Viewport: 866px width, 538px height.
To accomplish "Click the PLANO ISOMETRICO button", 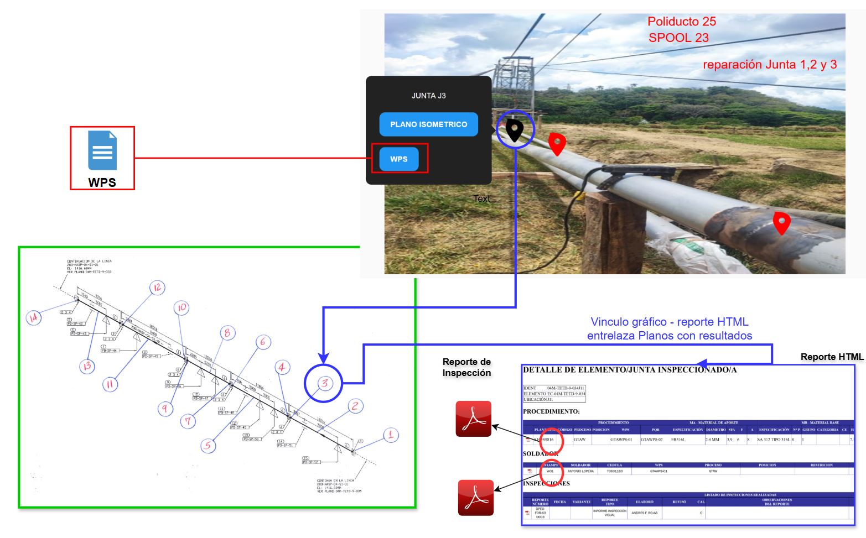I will [428, 124].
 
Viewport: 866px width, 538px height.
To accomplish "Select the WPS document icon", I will [102, 150].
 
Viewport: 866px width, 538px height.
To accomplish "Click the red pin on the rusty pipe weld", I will [781, 222].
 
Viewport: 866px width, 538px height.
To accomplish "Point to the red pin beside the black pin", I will [557, 143].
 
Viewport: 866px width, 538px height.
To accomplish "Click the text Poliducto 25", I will [681, 22].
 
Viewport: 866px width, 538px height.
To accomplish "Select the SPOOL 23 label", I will [678, 38].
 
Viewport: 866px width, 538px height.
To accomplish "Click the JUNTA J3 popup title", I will [428, 96].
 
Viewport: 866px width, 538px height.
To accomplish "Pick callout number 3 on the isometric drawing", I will [324, 383].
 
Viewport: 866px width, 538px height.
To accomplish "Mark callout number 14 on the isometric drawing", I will [34, 318].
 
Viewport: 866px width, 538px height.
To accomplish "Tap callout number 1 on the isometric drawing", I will [391, 435].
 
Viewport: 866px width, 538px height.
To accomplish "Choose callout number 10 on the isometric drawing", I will [182, 308].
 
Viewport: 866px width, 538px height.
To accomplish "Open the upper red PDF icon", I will [473, 419].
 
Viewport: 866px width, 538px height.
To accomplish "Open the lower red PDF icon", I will [475, 498].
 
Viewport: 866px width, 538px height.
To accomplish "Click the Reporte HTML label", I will [832, 357].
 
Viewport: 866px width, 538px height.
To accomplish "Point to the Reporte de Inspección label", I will [466, 367].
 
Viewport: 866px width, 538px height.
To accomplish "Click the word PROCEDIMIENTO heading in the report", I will [551, 411].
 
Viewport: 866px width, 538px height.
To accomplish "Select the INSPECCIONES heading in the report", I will [546, 483].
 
